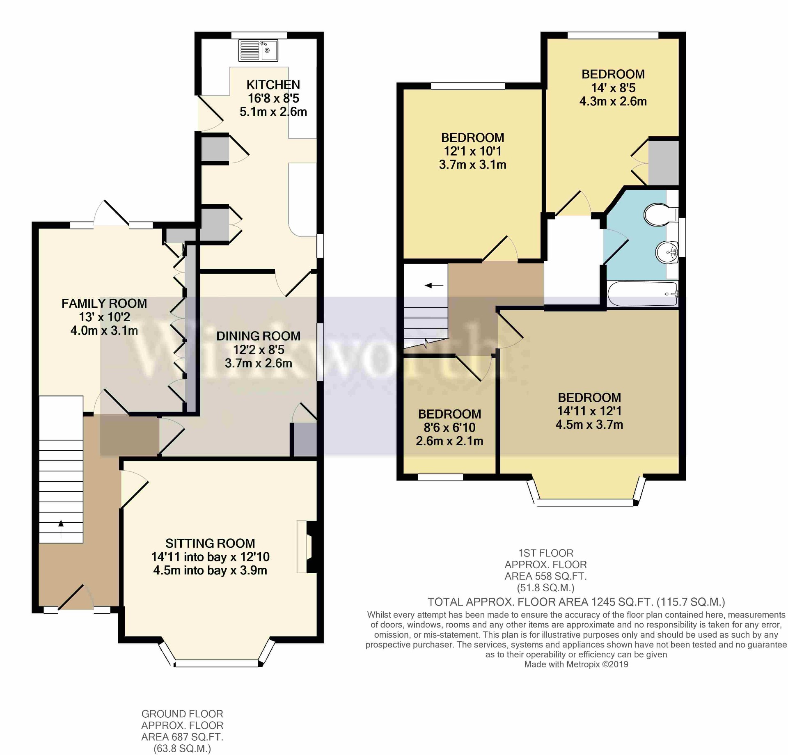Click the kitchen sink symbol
coord(258,50)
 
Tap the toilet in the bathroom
coord(658,215)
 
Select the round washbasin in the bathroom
coord(667,252)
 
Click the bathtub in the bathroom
coord(642,294)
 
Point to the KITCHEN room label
coord(273,85)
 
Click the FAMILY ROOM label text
coord(104,303)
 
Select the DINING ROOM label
coord(258,336)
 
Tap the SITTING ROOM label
coord(210,543)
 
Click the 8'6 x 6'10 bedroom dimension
coord(449,428)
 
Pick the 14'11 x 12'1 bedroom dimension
coord(589,411)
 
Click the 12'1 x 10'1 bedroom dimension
coord(472,151)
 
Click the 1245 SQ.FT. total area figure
coord(621,602)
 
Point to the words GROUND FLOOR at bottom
coord(182,714)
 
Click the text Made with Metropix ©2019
coord(576,664)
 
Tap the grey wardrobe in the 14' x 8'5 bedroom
coord(663,163)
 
